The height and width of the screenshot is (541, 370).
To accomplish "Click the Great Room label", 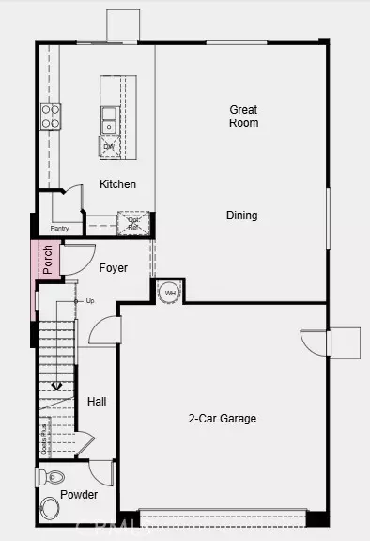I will pos(243,117).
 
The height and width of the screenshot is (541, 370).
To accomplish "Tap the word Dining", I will pos(241,215).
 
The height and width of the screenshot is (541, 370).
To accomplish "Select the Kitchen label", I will pos(117,184).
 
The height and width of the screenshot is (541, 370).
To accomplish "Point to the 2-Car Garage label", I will pos(222,419).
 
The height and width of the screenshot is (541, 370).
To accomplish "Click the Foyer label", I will pos(114,268).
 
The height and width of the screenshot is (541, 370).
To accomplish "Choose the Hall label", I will pos(97,402).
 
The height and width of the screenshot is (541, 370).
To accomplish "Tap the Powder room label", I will pos(79,495).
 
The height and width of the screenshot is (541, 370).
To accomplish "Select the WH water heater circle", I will pos(169,293).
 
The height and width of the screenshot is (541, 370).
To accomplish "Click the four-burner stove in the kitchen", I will pos(50,116).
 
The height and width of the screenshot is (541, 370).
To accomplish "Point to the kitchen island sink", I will pos(110,119).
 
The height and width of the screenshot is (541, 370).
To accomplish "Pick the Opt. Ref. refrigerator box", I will pos(132,223).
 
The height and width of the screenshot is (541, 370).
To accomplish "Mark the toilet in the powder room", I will pos(51,478).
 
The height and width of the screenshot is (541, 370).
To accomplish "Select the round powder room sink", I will pos(50,509).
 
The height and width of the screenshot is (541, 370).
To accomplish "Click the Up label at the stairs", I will pos(90,301).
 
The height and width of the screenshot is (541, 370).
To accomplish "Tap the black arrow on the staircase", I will pos(56,385).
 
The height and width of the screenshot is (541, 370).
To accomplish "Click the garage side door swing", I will pos(314,342).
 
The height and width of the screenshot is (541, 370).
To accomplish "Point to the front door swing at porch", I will pos(77,256).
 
